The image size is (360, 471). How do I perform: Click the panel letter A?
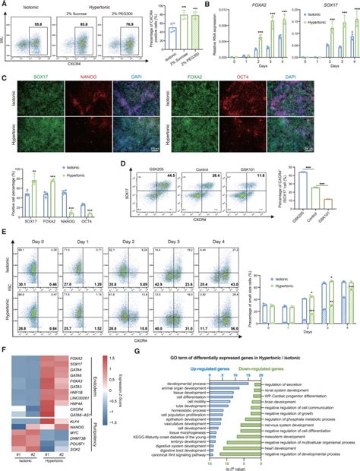pyautogui.click(x=5, y=5)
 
